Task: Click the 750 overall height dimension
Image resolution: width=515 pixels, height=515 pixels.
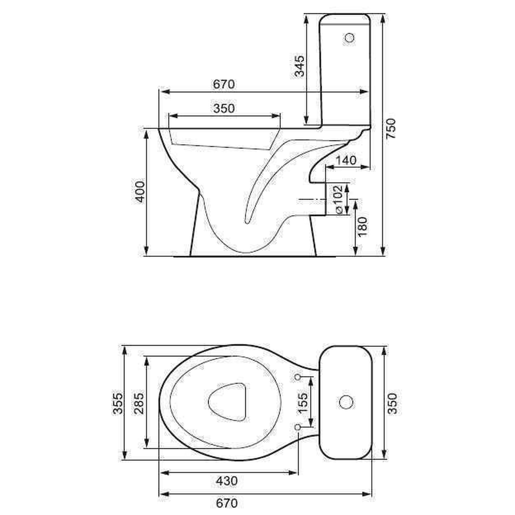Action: point(391,128)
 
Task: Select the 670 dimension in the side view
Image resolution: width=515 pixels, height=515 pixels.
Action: point(224,84)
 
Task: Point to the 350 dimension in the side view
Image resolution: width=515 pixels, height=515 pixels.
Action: point(224,108)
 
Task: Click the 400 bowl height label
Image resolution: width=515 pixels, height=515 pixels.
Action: point(140,192)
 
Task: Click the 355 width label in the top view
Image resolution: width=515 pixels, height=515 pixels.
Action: point(118,403)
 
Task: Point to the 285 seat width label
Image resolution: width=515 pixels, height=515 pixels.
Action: point(139,403)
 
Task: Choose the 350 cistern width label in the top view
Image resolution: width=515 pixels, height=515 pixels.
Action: point(393,403)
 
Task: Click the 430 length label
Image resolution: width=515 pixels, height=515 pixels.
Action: point(227,481)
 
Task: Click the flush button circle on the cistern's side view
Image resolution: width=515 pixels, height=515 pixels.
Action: point(349,38)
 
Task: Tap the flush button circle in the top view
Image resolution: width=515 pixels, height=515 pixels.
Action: point(346,402)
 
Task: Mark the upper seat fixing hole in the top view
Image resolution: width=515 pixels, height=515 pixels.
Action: point(298,377)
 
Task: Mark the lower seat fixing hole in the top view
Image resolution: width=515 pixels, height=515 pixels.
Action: point(298,427)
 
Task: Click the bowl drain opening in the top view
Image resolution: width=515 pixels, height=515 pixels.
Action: point(227,402)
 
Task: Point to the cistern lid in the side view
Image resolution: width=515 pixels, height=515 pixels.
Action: point(345,19)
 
